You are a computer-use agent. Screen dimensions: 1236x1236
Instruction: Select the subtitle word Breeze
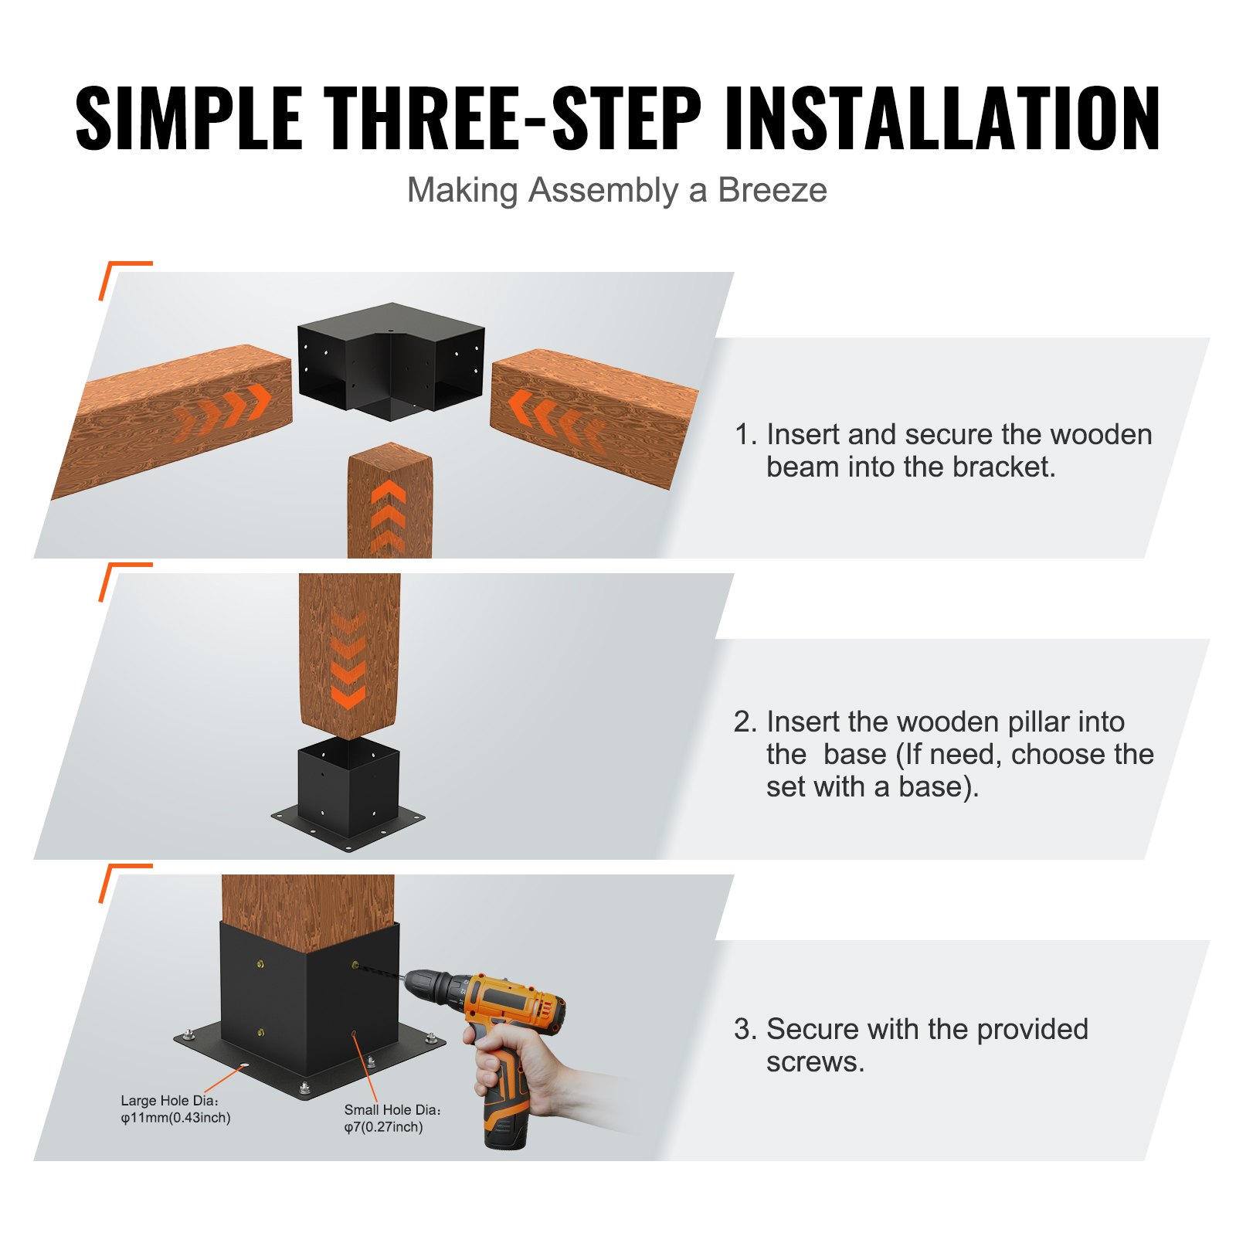coord(772,190)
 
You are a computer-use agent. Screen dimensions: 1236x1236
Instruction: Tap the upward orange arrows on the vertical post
coord(389,514)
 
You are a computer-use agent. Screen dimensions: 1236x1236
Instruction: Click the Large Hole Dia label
coord(170,1100)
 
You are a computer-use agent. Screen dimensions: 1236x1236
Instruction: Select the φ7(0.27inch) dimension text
coord(384,1127)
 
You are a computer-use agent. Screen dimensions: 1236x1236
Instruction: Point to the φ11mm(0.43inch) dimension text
coord(175,1118)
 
